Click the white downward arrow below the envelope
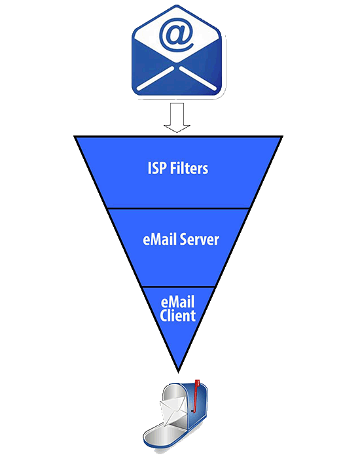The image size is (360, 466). [177, 118]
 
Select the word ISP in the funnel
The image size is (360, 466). [157, 168]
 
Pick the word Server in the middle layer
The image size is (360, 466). [198, 240]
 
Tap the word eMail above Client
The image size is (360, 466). [178, 302]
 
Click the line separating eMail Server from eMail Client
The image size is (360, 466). [178, 286]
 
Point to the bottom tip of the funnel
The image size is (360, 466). [178, 369]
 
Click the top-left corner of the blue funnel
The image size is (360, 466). [76, 137]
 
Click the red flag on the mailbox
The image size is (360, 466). [195, 390]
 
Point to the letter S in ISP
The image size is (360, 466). [156, 168]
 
